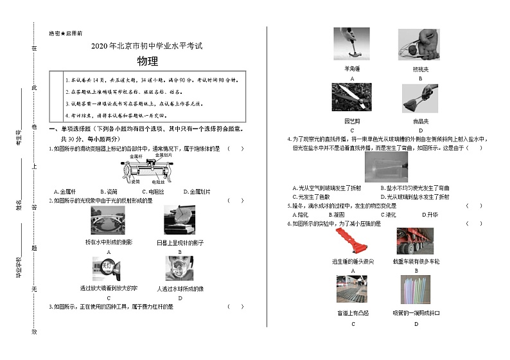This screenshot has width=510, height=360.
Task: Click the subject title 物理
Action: (x=147, y=62)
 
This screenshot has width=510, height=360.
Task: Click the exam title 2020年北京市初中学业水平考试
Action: (x=146, y=46)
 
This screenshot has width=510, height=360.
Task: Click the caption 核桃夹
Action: (x=421, y=69)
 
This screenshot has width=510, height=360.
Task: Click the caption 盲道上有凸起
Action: (x=353, y=313)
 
